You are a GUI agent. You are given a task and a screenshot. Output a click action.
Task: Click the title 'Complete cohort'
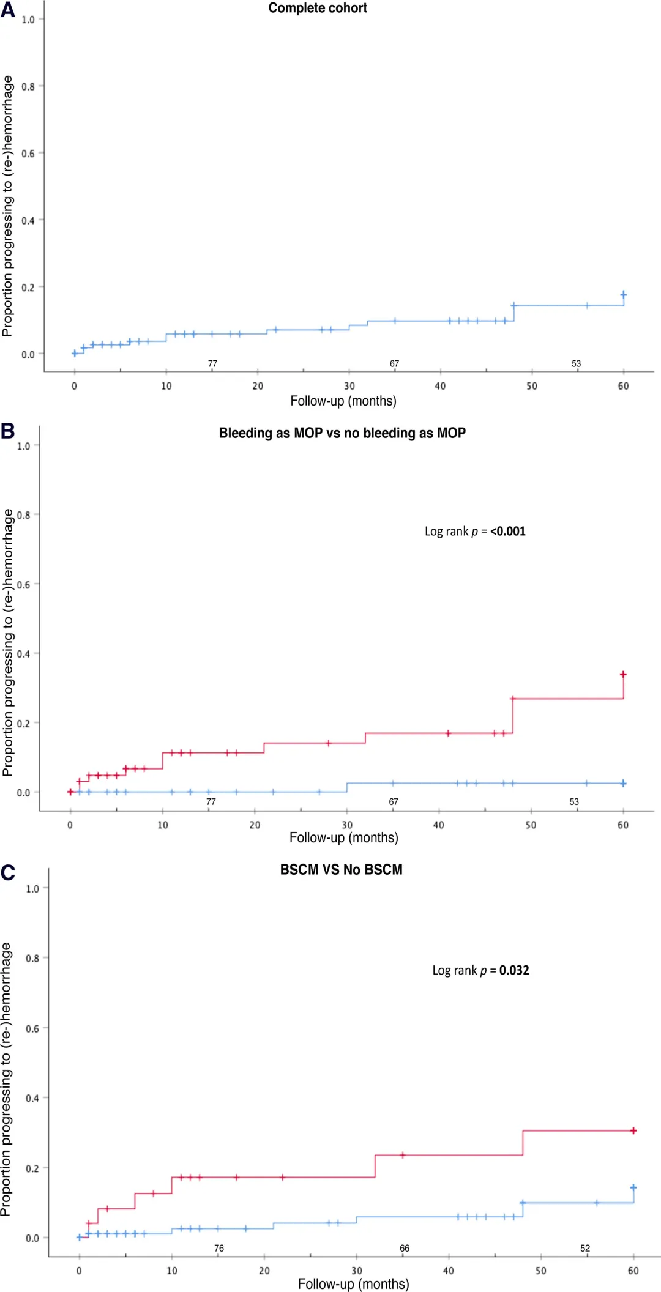(318, 8)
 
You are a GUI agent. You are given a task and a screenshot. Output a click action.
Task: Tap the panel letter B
(7, 431)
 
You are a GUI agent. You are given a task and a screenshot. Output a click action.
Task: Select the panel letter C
(8, 872)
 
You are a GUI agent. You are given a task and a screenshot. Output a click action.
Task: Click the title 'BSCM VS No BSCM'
(341, 869)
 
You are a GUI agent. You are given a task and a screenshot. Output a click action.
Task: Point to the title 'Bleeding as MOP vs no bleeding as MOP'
(342, 433)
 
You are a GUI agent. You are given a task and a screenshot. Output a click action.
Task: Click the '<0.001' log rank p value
(507, 531)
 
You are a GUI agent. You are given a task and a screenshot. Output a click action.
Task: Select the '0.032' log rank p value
(514, 970)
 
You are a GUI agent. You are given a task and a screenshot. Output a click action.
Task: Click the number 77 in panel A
(212, 363)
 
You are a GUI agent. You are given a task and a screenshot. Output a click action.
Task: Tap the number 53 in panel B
(574, 801)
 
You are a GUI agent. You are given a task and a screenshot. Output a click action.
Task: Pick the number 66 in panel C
(405, 1248)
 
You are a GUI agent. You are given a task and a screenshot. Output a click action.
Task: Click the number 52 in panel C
(585, 1248)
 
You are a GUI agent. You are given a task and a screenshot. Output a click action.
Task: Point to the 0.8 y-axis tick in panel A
(28, 86)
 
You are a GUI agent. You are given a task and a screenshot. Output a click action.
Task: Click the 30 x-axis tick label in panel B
(347, 825)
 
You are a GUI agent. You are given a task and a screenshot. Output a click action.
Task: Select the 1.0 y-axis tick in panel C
(32, 888)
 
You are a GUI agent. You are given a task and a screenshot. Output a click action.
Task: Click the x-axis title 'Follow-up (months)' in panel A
(343, 401)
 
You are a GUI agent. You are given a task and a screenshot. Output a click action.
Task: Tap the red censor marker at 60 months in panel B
(623, 674)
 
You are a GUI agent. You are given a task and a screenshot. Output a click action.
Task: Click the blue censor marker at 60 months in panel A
(623, 294)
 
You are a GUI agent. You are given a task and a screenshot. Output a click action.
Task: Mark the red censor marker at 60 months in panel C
(633, 1130)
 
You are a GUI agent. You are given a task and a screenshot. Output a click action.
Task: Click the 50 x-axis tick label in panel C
(541, 1271)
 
